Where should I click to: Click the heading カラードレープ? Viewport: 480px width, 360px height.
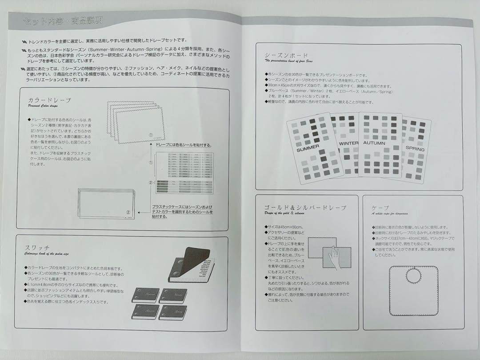point(49,100)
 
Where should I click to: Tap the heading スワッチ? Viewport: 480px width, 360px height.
point(37,248)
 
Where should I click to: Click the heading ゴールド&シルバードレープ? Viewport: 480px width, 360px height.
point(305,208)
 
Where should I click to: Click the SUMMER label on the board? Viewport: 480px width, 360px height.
point(308,147)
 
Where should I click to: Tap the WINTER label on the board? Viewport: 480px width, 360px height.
point(348,144)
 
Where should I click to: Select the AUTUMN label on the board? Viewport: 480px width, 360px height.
point(374,143)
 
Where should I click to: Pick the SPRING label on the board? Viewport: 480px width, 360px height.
point(415,148)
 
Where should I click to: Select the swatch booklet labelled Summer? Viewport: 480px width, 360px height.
point(145,295)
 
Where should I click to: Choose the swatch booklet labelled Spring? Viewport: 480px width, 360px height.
point(173,312)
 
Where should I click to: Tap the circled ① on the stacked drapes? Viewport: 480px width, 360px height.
point(151,135)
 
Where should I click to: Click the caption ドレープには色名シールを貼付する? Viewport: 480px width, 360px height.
point(183,145)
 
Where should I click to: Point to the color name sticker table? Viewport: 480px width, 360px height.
point(190,172)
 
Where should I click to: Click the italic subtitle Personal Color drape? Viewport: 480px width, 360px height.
point(43,106)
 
